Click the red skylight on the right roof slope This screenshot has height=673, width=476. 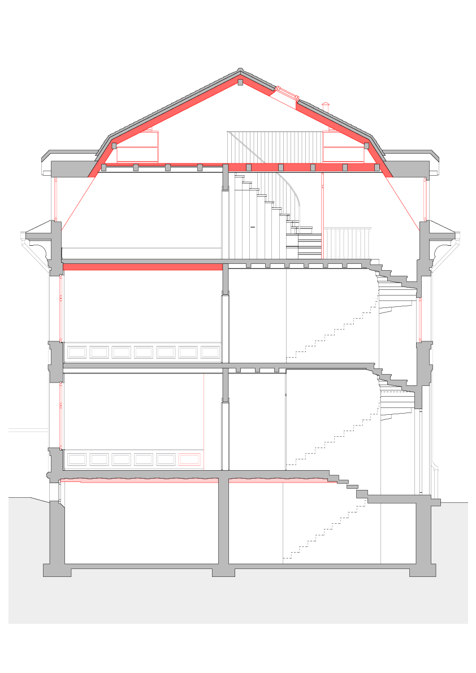[x=287, y=93]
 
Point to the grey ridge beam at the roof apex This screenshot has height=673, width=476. [x=240, y=83]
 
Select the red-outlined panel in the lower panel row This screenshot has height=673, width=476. [x=189, y=459]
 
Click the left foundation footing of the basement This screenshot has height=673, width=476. [x=57, y=570]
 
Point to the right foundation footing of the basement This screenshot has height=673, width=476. [x=422, y=570]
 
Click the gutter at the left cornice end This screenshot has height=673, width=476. [x=23, y=236]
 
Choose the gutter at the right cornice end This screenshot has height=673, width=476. [x=457, y=236]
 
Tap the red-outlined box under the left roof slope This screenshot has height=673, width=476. [x=137, y=147]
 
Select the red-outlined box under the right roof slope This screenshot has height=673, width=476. [x=343, y=147]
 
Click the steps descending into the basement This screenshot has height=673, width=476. [x=350, y=487]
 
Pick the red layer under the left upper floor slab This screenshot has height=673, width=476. [x=141, y=267]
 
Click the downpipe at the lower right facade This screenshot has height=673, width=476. [x=435, y=480]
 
